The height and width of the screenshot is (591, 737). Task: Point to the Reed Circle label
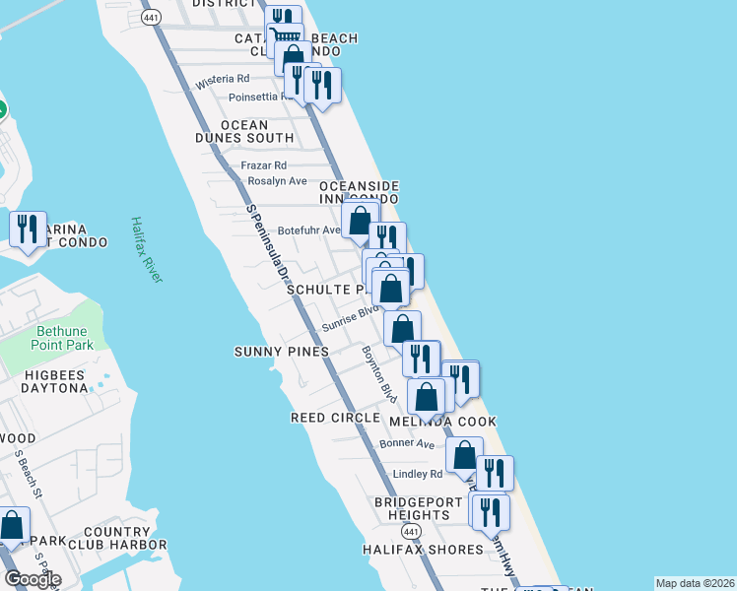click(335, 418)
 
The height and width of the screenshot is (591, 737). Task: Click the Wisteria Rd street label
click(223, 79)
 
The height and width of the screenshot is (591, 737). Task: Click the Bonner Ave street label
click(413, 444)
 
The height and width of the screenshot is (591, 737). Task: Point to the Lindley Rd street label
click(418, 474)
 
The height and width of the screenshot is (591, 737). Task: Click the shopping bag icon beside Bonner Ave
click(464, 456)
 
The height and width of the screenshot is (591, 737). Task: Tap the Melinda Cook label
click(442, 422)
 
